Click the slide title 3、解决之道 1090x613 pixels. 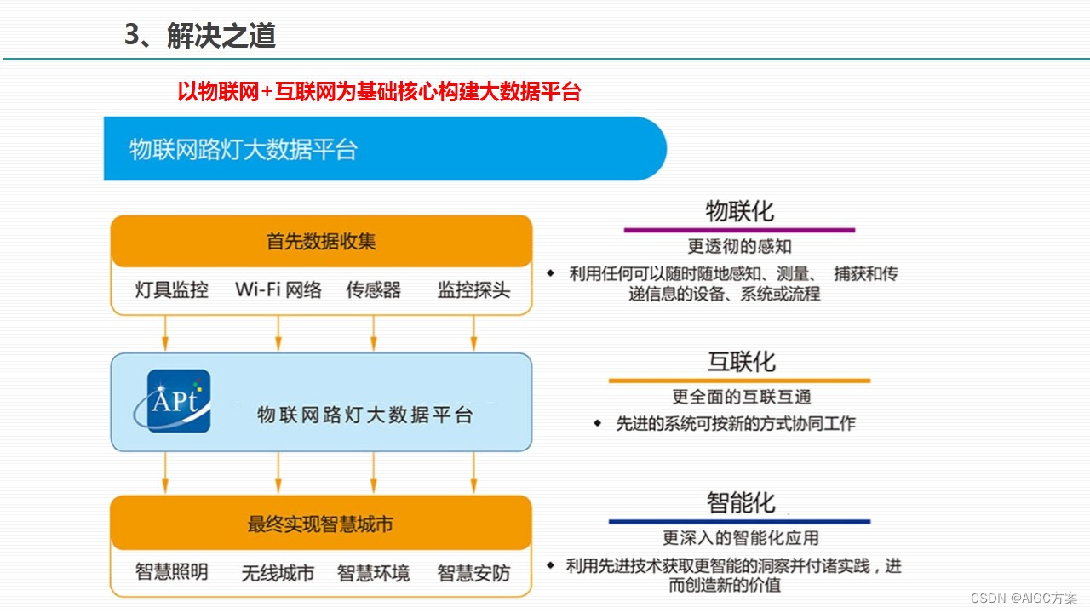tap(200, 36)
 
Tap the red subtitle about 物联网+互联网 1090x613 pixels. tap(379, 92)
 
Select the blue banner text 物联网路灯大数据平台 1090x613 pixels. tap(244, 150)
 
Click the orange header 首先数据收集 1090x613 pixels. tap(321, 241)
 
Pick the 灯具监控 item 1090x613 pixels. tap(172, 289)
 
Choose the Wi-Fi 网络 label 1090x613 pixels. tap(278, 289)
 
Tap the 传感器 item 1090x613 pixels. tap(373, 289)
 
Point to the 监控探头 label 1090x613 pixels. tap(473, 289)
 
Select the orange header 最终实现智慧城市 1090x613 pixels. tap(321, 524)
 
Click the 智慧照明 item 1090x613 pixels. tap(172, 572)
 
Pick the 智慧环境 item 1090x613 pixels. tap(373, 573)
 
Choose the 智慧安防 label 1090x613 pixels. tap(473, 573)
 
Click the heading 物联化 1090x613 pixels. tap(740, 211)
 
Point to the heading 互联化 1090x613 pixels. tap(742, 362)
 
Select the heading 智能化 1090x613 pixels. tap(742, 502)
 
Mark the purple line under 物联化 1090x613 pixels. tap(739, 230)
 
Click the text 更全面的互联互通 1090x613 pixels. tap(742, 397)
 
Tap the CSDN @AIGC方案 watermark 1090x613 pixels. tap(1024, 599)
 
